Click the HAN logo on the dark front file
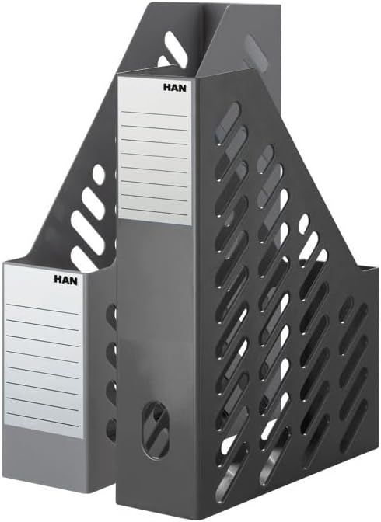(x=175, y=88)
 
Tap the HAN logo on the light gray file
(x=65, y=280)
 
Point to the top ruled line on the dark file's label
(x=153, y=113)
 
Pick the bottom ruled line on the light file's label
(x=43, y=420)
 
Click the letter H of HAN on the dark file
(x=166, y=88)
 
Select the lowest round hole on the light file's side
(x=111, y=427)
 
